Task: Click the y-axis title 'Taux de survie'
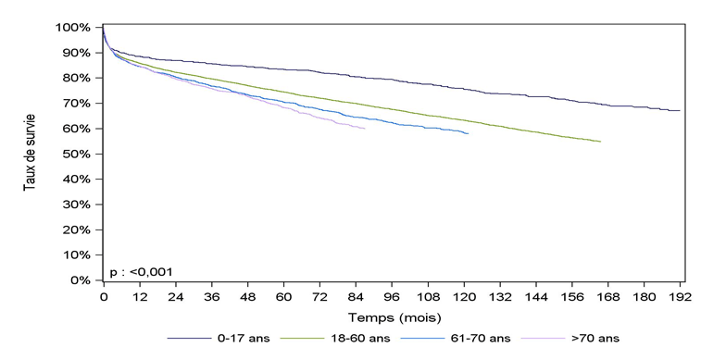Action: coord(30,154)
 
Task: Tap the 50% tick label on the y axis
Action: coord(77,154)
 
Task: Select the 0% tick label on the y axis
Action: coord(81,279)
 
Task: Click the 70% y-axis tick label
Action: coord(77,104)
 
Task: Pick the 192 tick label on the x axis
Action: coord(681,296)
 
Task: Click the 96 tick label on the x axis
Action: coord(392,296)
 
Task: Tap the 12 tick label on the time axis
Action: coord(139,296)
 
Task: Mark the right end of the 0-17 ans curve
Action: coord(680,111)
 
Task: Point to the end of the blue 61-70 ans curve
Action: coord(468,134)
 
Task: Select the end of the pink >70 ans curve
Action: coord(365,129)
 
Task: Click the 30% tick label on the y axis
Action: coord(77,205)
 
